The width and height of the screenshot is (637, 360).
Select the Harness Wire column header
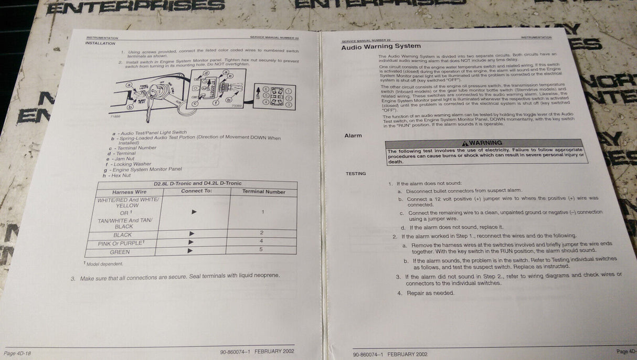130,192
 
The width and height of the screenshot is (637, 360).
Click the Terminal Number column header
263,192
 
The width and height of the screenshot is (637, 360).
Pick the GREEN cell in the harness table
120,252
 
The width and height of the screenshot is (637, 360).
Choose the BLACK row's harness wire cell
123,235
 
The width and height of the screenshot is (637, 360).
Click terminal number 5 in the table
261,249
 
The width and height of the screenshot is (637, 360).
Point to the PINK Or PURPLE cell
120,243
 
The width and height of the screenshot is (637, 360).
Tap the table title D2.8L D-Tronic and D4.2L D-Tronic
198,184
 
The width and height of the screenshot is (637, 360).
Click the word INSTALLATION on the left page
100,43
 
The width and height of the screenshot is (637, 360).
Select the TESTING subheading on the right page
356,174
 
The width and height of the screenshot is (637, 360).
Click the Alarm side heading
353,135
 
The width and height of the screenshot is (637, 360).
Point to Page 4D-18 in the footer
17,354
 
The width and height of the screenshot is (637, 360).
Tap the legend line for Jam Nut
122,158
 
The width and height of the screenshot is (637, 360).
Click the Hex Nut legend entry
118,175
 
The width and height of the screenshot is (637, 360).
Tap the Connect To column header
196,191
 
